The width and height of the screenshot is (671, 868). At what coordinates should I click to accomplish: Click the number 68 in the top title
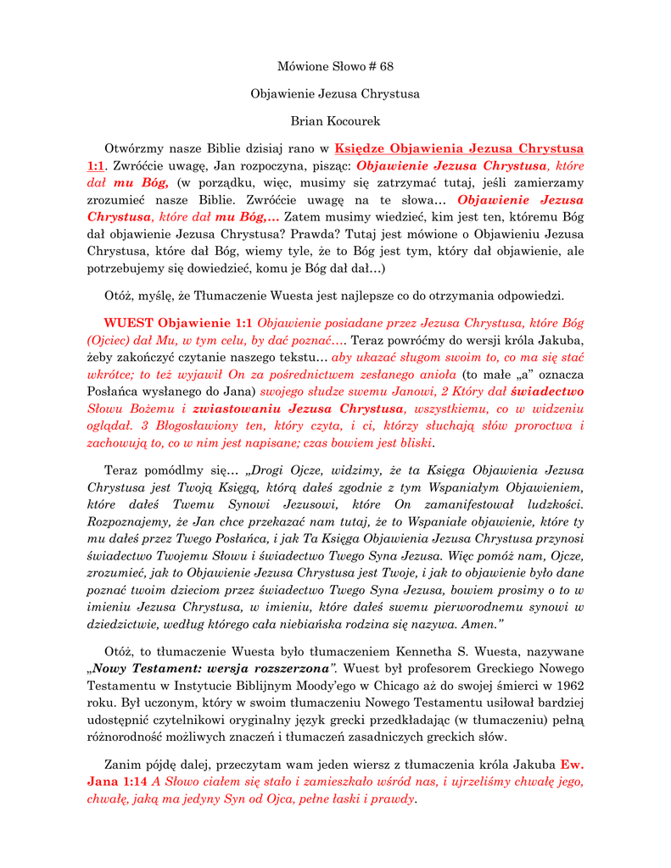[x=386, y=66]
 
